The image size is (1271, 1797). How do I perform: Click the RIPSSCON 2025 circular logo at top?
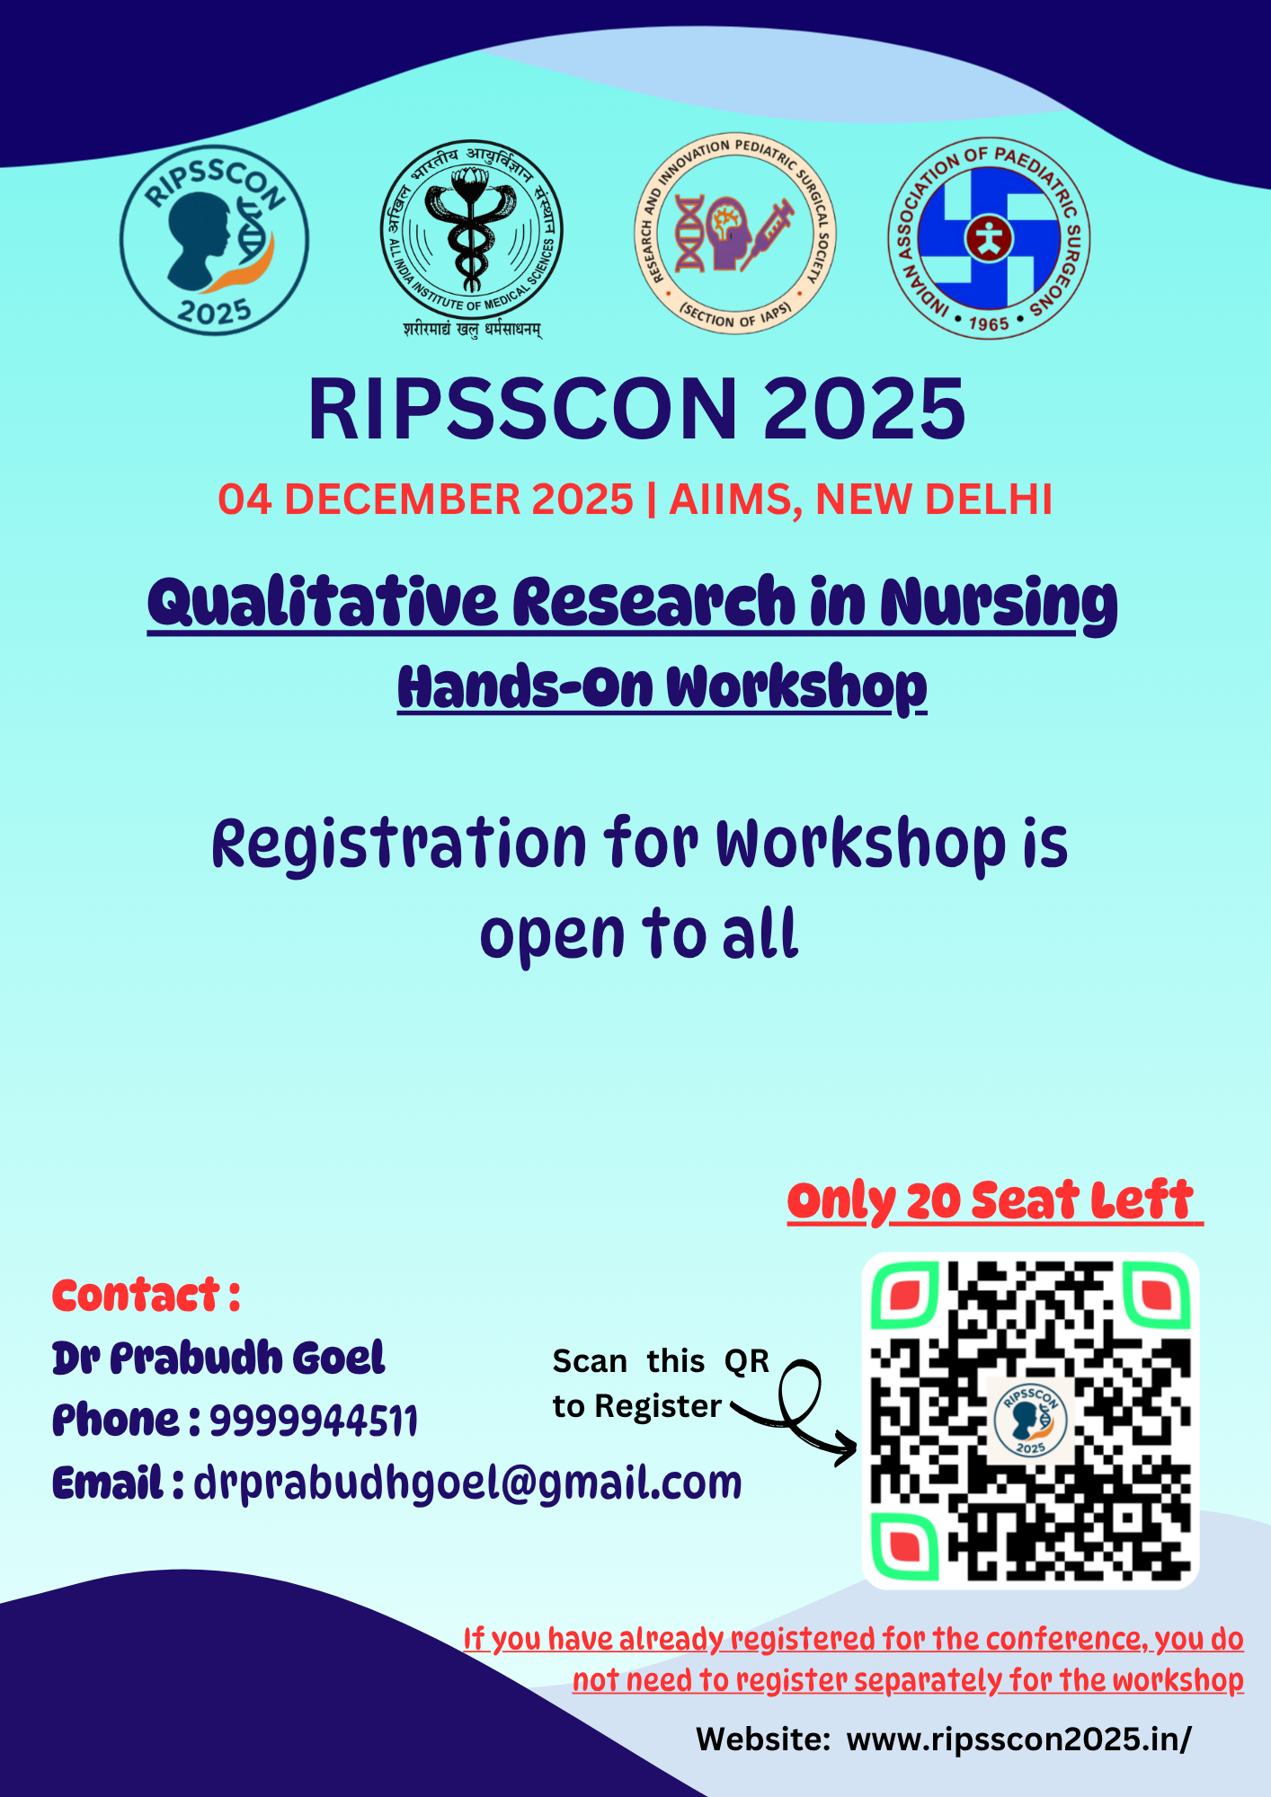(214, 240)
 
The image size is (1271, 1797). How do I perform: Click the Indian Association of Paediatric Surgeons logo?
(989, 239)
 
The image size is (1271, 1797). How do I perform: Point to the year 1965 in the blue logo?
(989, 323)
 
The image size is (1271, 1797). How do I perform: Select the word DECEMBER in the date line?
(407, 500)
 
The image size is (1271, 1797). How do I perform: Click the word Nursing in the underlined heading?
(998, 604)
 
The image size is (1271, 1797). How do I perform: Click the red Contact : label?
(147, 1296)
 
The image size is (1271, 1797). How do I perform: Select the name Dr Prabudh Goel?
(218, 1359)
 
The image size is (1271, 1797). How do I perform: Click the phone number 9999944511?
(314, 1421)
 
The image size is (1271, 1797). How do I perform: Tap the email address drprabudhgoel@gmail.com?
(467, 1483)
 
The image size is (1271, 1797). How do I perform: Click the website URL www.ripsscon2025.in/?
(1018, 1739)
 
